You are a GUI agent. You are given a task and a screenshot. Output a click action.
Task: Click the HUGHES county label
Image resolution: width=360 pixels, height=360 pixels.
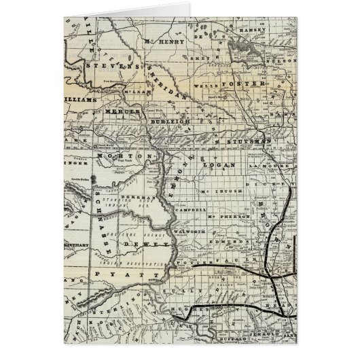click(x=182, y=308)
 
